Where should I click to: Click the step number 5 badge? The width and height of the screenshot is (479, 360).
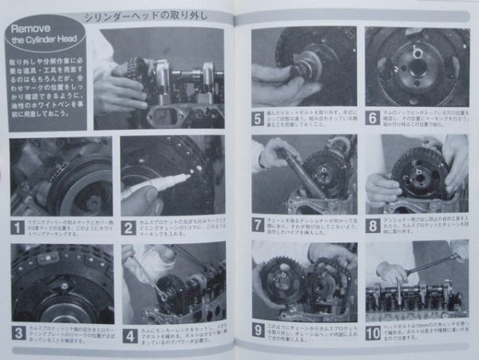(x=259, y=118)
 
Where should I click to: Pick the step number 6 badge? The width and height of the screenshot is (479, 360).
(x=373, y=118)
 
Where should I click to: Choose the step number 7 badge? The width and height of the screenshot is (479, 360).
(x=259, y=225)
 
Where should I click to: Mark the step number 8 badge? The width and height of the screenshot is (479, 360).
(x=373, y=225)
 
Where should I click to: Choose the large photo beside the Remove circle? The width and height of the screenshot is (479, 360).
(x=164, y=77)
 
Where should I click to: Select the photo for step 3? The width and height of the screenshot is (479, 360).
(x=61, y=283)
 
